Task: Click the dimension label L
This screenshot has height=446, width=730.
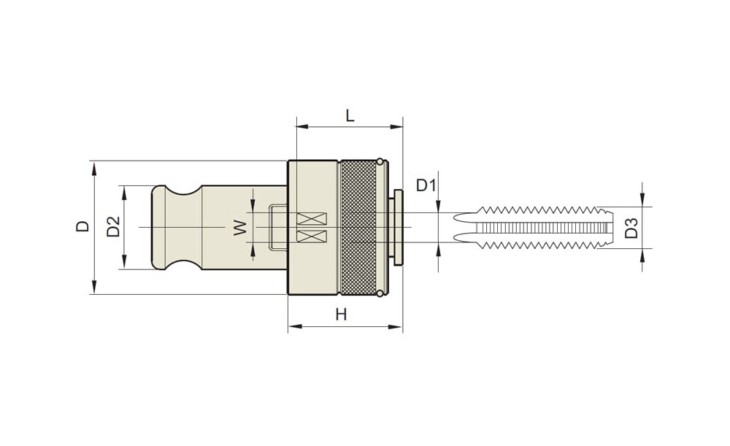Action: tap(350, 115)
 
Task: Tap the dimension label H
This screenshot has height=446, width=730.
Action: tap(341, 315)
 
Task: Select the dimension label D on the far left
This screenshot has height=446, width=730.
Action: tap(83, 226)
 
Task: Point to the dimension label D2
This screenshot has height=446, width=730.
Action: tap(114, 226)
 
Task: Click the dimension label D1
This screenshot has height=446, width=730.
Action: tap(426, 185)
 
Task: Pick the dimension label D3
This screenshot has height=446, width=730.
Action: tap(631, 227)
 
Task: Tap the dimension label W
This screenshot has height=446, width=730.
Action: tap(240, 228)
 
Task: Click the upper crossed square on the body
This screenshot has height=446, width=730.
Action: tap(312, 218)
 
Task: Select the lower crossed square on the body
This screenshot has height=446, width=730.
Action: tap(312, 237)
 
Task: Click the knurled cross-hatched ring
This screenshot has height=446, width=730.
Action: tap(358, 227)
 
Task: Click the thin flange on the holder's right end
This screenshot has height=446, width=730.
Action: tap(398, 227)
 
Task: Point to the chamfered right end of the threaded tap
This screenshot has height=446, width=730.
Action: tap(606, 227)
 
